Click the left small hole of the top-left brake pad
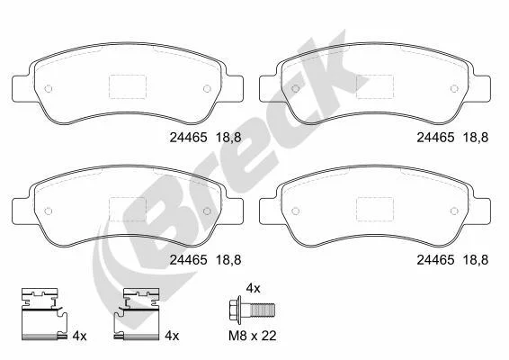coord(48,88)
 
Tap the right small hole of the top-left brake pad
coord(207,88)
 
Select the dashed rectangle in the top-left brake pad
coord(128,86)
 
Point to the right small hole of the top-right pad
coord(454,88)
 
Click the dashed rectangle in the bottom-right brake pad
coord(375,209)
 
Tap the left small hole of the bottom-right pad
coord(295,211)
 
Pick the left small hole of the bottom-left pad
coord(48,211)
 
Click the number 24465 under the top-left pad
coord(188,138)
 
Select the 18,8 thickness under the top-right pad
coord(476,138)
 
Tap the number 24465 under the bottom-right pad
coord(435,260)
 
